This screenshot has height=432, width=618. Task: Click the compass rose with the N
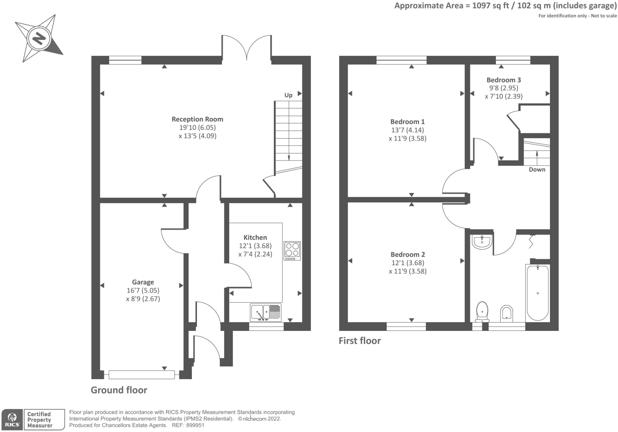[x=39, y=39]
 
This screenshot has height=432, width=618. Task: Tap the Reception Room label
[x=197, y=119]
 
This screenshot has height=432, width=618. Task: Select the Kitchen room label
[x=255, y=237]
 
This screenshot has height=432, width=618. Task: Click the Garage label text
[x=143, y=282]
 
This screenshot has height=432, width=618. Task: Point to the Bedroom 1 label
[x=407, y=122]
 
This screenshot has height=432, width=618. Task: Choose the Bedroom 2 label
[x=407, y=254]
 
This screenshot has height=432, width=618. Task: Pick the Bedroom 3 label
[x=503, y=80]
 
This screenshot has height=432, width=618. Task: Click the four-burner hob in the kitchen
[x=292, y=251]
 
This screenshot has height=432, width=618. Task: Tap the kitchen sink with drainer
[x=265, y=312]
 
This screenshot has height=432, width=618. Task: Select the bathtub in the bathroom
[x=538, y=293]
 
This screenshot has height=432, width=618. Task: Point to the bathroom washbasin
[x=482, y=242]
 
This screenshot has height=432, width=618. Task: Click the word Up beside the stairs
[x=289, y=95]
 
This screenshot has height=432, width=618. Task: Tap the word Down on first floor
[x=537, y=170]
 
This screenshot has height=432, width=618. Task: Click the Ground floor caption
[x=119, y=390]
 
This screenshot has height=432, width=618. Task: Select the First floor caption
[x=359, y=341]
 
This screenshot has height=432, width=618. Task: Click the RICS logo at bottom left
[x=12, y=419]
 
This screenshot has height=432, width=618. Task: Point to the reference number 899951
[x=195, y=425]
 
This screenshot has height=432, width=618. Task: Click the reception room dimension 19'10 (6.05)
[x=197, y=128]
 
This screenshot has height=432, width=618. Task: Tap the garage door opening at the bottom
[x=141, y=375]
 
